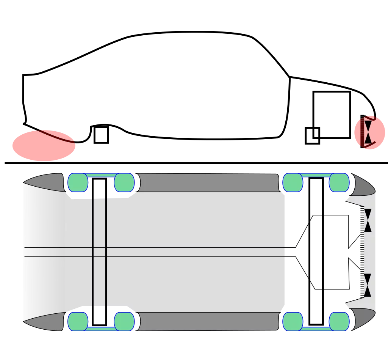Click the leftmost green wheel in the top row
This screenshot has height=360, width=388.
[78, 182]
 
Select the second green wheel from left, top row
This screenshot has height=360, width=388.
[124, 182]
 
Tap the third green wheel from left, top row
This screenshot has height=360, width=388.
[293, 182]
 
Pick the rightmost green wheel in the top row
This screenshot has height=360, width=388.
[339, 182]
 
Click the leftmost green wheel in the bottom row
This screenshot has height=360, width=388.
[78, 321]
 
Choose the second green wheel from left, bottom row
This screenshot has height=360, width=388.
[124, 321]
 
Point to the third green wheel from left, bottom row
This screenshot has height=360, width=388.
[293, 321]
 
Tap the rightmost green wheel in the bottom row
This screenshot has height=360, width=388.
[339, 321]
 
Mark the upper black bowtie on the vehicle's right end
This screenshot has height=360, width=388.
[368, 220]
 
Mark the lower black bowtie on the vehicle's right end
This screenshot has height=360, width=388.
[368, 285]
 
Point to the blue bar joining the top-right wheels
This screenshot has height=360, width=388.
[316, 175]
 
